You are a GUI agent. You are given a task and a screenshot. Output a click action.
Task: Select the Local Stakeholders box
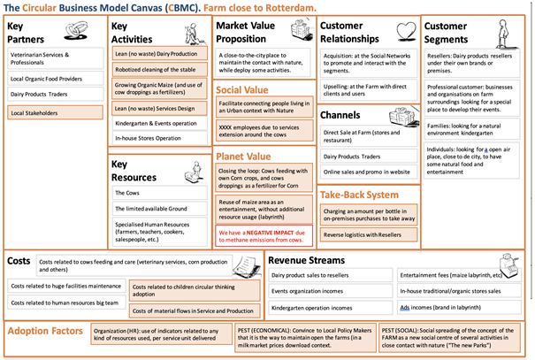pyautogui.click(x=54, y=113)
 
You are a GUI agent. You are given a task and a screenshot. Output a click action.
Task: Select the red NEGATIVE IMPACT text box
pyautogui.click(x=263, y=234)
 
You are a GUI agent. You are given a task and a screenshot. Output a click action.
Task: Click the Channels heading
pyautogui.click(x=340, y=115)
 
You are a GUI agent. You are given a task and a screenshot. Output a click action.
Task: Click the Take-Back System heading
pyautogui.click(x=360, y=194)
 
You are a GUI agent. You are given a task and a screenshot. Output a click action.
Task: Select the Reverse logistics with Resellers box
pyautogui.click(x=366, y=234)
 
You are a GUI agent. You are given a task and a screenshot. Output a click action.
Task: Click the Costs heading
pyautogui.click(x=20, y=263)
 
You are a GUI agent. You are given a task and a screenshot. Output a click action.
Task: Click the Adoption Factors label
pyautogui.click(x=45, y=333)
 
